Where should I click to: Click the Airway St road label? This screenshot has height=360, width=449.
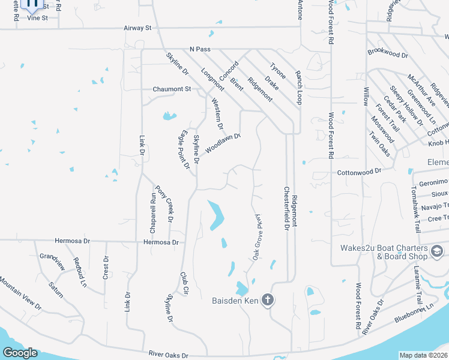(137, 28)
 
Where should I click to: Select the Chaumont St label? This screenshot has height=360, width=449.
(171, 89)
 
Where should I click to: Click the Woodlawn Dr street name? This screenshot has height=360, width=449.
(223, 143)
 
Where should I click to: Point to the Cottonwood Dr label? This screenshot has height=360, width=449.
(359, 171)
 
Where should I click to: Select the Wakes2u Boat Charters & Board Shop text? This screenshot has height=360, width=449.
(386, 253)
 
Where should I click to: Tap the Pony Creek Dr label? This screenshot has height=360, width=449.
(162, 204)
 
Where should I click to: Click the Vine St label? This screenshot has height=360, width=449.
(37, 19)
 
